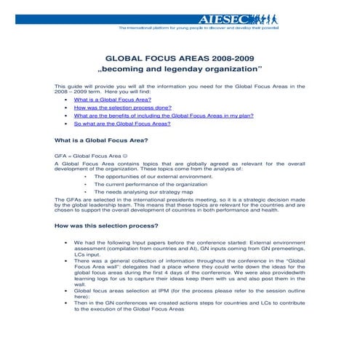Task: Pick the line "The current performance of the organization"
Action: [150, 185]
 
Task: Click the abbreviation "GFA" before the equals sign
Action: [60, 156]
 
